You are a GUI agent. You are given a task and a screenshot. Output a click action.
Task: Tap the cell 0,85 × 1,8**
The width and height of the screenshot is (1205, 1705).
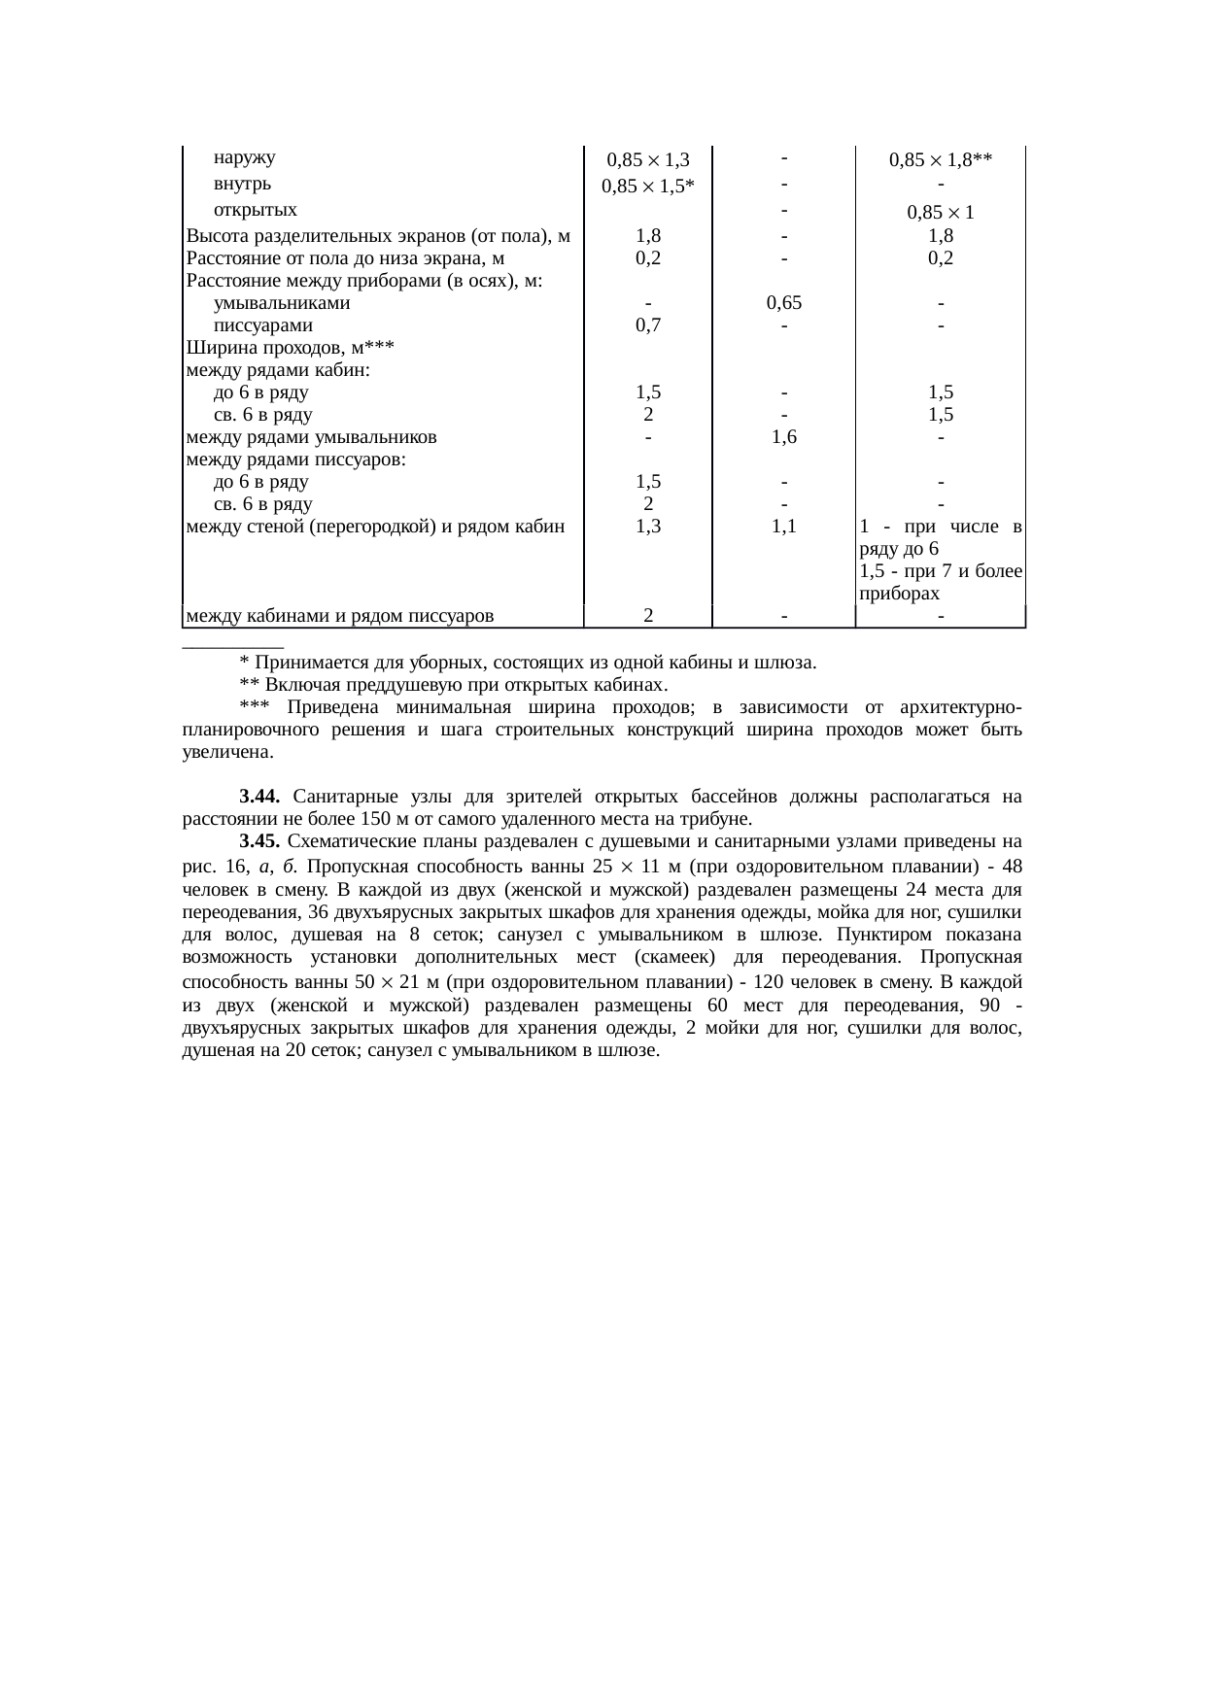pos(940,159)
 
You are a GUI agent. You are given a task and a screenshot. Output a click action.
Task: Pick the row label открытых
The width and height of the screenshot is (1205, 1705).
pos(255,210)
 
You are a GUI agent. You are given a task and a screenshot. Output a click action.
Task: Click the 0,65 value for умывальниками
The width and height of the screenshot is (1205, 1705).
pos(783,303)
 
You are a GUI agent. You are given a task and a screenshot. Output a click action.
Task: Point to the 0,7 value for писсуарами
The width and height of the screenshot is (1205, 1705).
pos(647,325)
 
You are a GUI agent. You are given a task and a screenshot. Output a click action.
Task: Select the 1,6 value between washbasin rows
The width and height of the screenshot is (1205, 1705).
pos(783,437)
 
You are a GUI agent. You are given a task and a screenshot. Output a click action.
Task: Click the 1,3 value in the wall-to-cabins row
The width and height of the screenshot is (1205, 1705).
pos(647,527)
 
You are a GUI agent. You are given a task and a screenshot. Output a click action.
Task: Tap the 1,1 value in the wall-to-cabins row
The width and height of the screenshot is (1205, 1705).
pos(783,527)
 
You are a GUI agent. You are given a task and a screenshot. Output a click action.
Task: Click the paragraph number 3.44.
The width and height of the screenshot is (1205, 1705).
pos(259,797)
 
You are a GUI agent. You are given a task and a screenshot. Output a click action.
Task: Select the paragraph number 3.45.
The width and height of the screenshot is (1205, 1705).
pos(259,840)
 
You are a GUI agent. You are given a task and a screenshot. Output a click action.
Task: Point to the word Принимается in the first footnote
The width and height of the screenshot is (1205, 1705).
pos(300,663)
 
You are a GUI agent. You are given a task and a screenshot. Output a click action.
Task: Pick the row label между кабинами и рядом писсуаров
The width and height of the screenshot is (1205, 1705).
pos(340,615)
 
